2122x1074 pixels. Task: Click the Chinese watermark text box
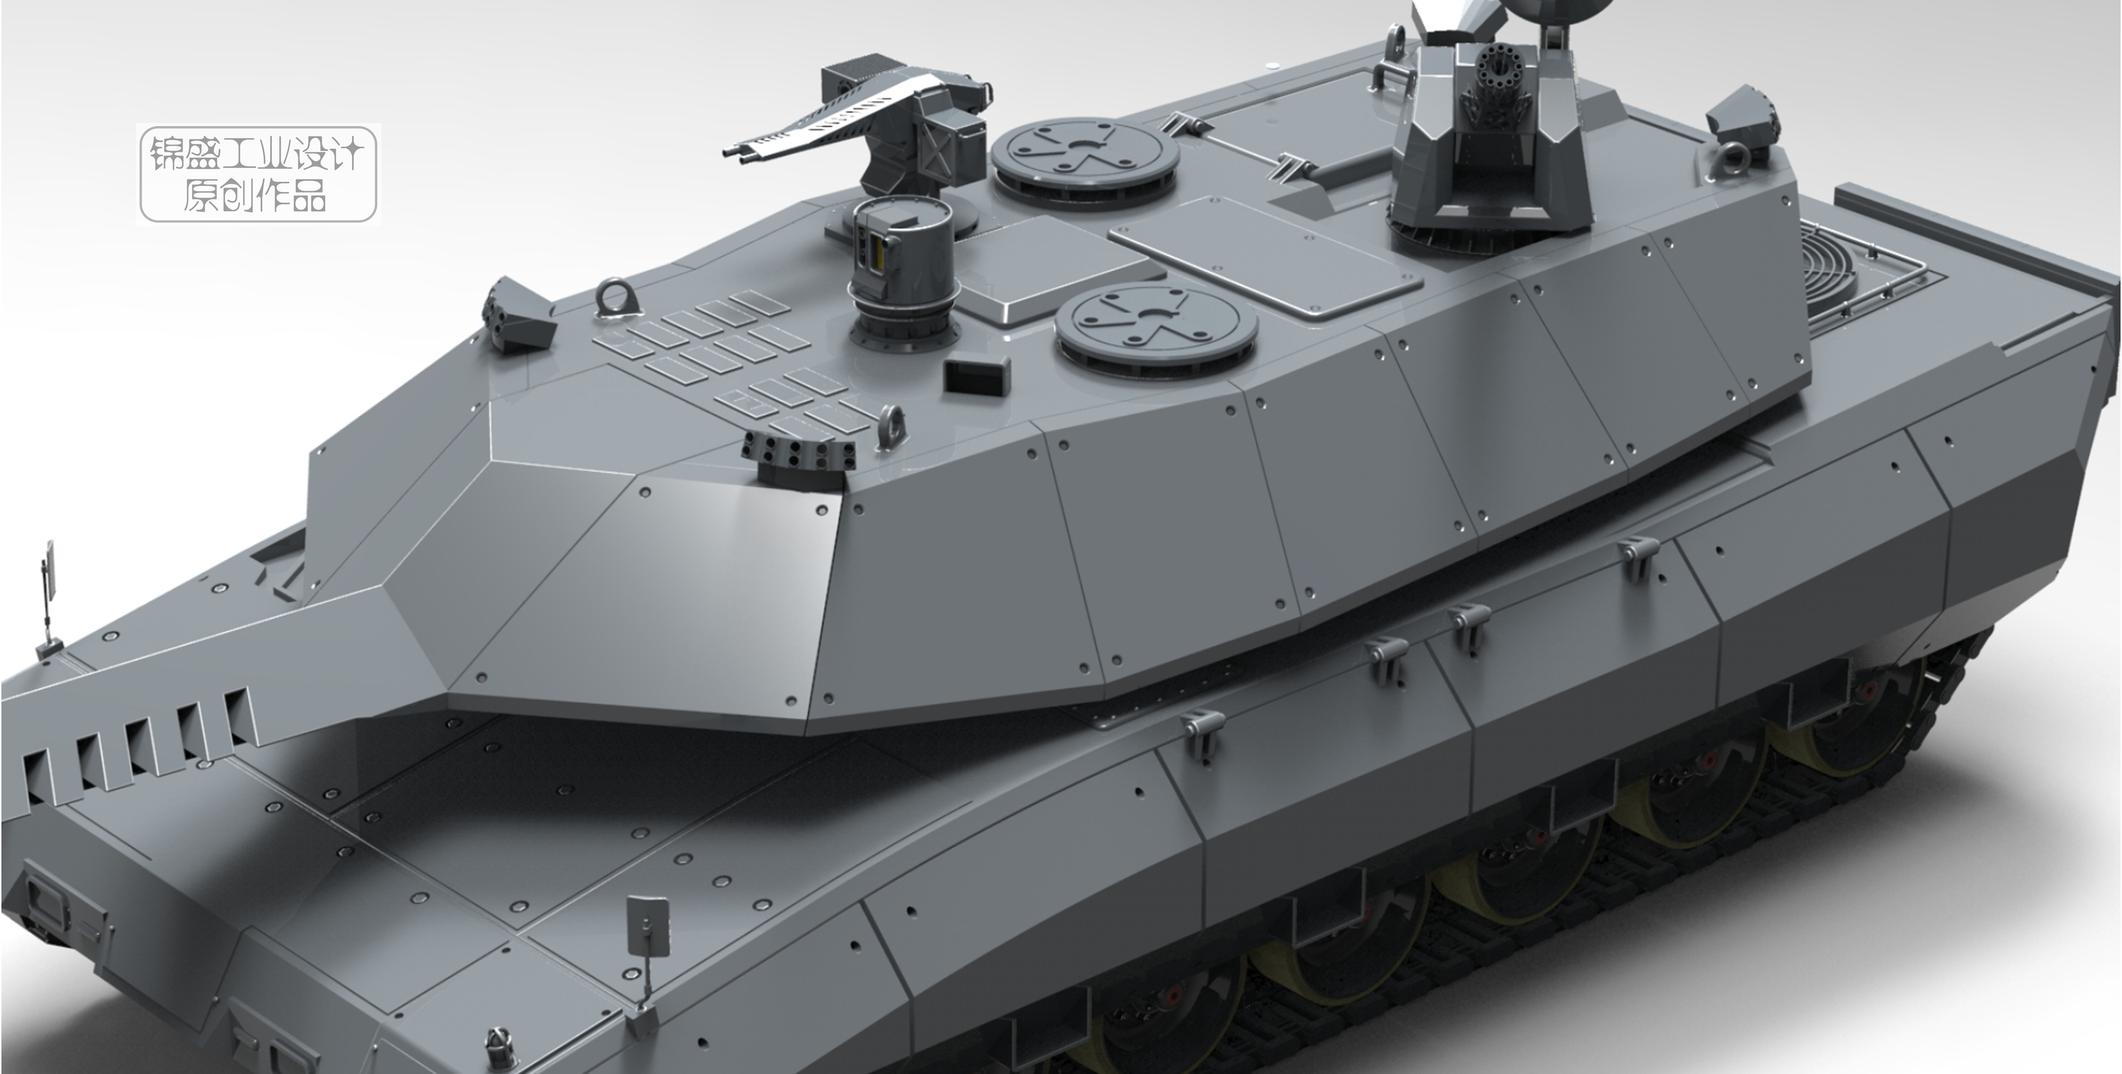point(258,174)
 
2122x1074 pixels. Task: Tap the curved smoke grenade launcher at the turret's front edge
point(797,457)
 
